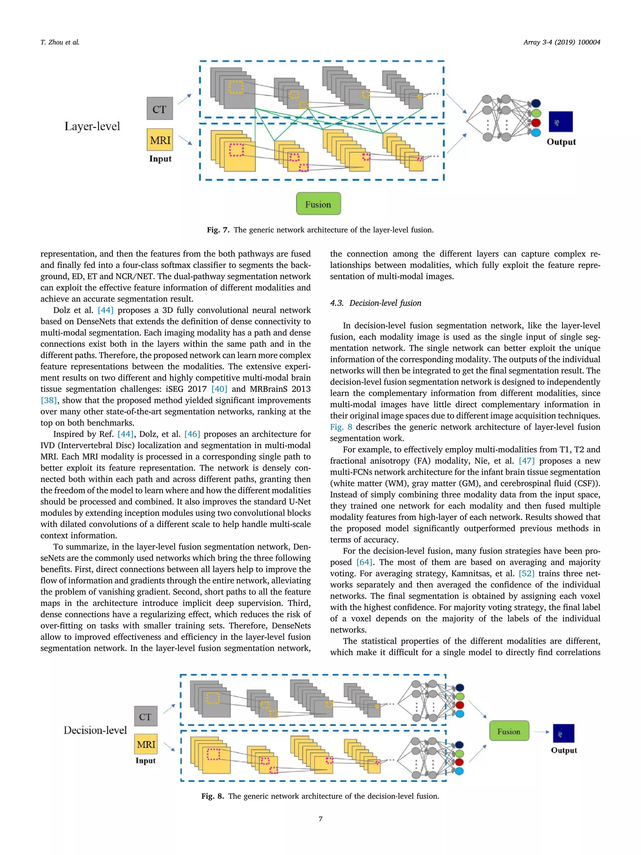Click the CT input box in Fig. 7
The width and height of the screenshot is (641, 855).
pyautogui.click(x=160, y=109)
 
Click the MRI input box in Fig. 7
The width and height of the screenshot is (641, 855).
pyautogui.click(x=160, y=140)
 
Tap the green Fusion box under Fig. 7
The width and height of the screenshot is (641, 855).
pyautogui.click(x=318, y=204)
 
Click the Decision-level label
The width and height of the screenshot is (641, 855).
pyautogui.click(x=95, y=730)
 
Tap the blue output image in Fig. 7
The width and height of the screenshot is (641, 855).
pyautogui.click(x=560, y=122)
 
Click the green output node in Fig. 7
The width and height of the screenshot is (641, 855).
pyautogui.click(x=536, y=113)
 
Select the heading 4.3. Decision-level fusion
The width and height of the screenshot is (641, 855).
pyautogui.click(x=375, y=303)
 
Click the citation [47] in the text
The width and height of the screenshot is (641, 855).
pyautogui.click(x=526, y=461)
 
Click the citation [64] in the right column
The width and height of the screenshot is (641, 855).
pyautogui.click(x=364, y=562)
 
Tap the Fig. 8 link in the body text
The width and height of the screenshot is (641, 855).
pyautogui.click(x=341, y=427)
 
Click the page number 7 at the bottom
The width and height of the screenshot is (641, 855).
pyautogui.click(x=320, y=818)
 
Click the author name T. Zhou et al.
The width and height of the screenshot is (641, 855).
pyautogui.click(x=60, y=43)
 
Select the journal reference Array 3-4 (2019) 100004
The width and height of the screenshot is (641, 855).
pyautogui.click(x=562, y=43)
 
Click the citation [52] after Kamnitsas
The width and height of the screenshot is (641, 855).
pyautogui.click(x=526, y=573)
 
